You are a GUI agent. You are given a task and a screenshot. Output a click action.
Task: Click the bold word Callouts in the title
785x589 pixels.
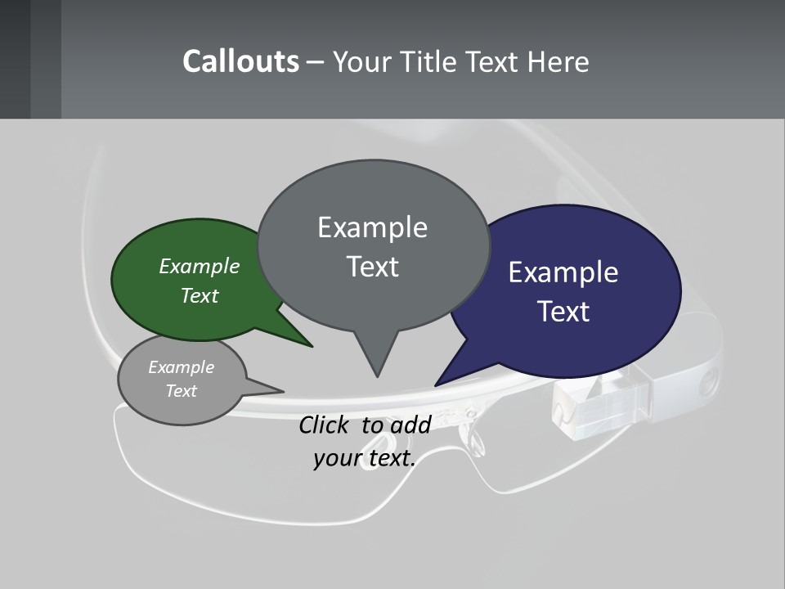240,61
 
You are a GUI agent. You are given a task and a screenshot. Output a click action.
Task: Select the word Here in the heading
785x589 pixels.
558,62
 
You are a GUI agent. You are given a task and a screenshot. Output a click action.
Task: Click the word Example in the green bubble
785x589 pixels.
200,267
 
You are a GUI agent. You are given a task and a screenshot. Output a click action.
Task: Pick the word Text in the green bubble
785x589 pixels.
200,296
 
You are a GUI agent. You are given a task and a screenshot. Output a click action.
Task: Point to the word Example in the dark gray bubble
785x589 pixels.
372,227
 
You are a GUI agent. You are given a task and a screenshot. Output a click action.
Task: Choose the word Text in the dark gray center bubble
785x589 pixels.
372,267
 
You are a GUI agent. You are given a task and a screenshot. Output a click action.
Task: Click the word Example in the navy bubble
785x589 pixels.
563,272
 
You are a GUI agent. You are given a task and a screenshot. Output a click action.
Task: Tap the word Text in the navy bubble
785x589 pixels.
563,312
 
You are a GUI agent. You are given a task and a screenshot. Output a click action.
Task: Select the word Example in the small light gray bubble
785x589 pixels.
181,367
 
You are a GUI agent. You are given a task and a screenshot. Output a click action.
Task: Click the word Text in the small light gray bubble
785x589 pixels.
181,391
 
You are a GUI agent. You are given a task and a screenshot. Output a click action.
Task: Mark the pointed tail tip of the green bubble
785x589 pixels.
312,346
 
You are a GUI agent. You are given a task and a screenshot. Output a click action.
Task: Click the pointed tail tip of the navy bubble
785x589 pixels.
436,384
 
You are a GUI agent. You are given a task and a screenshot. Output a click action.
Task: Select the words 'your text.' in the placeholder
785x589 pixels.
365,458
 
